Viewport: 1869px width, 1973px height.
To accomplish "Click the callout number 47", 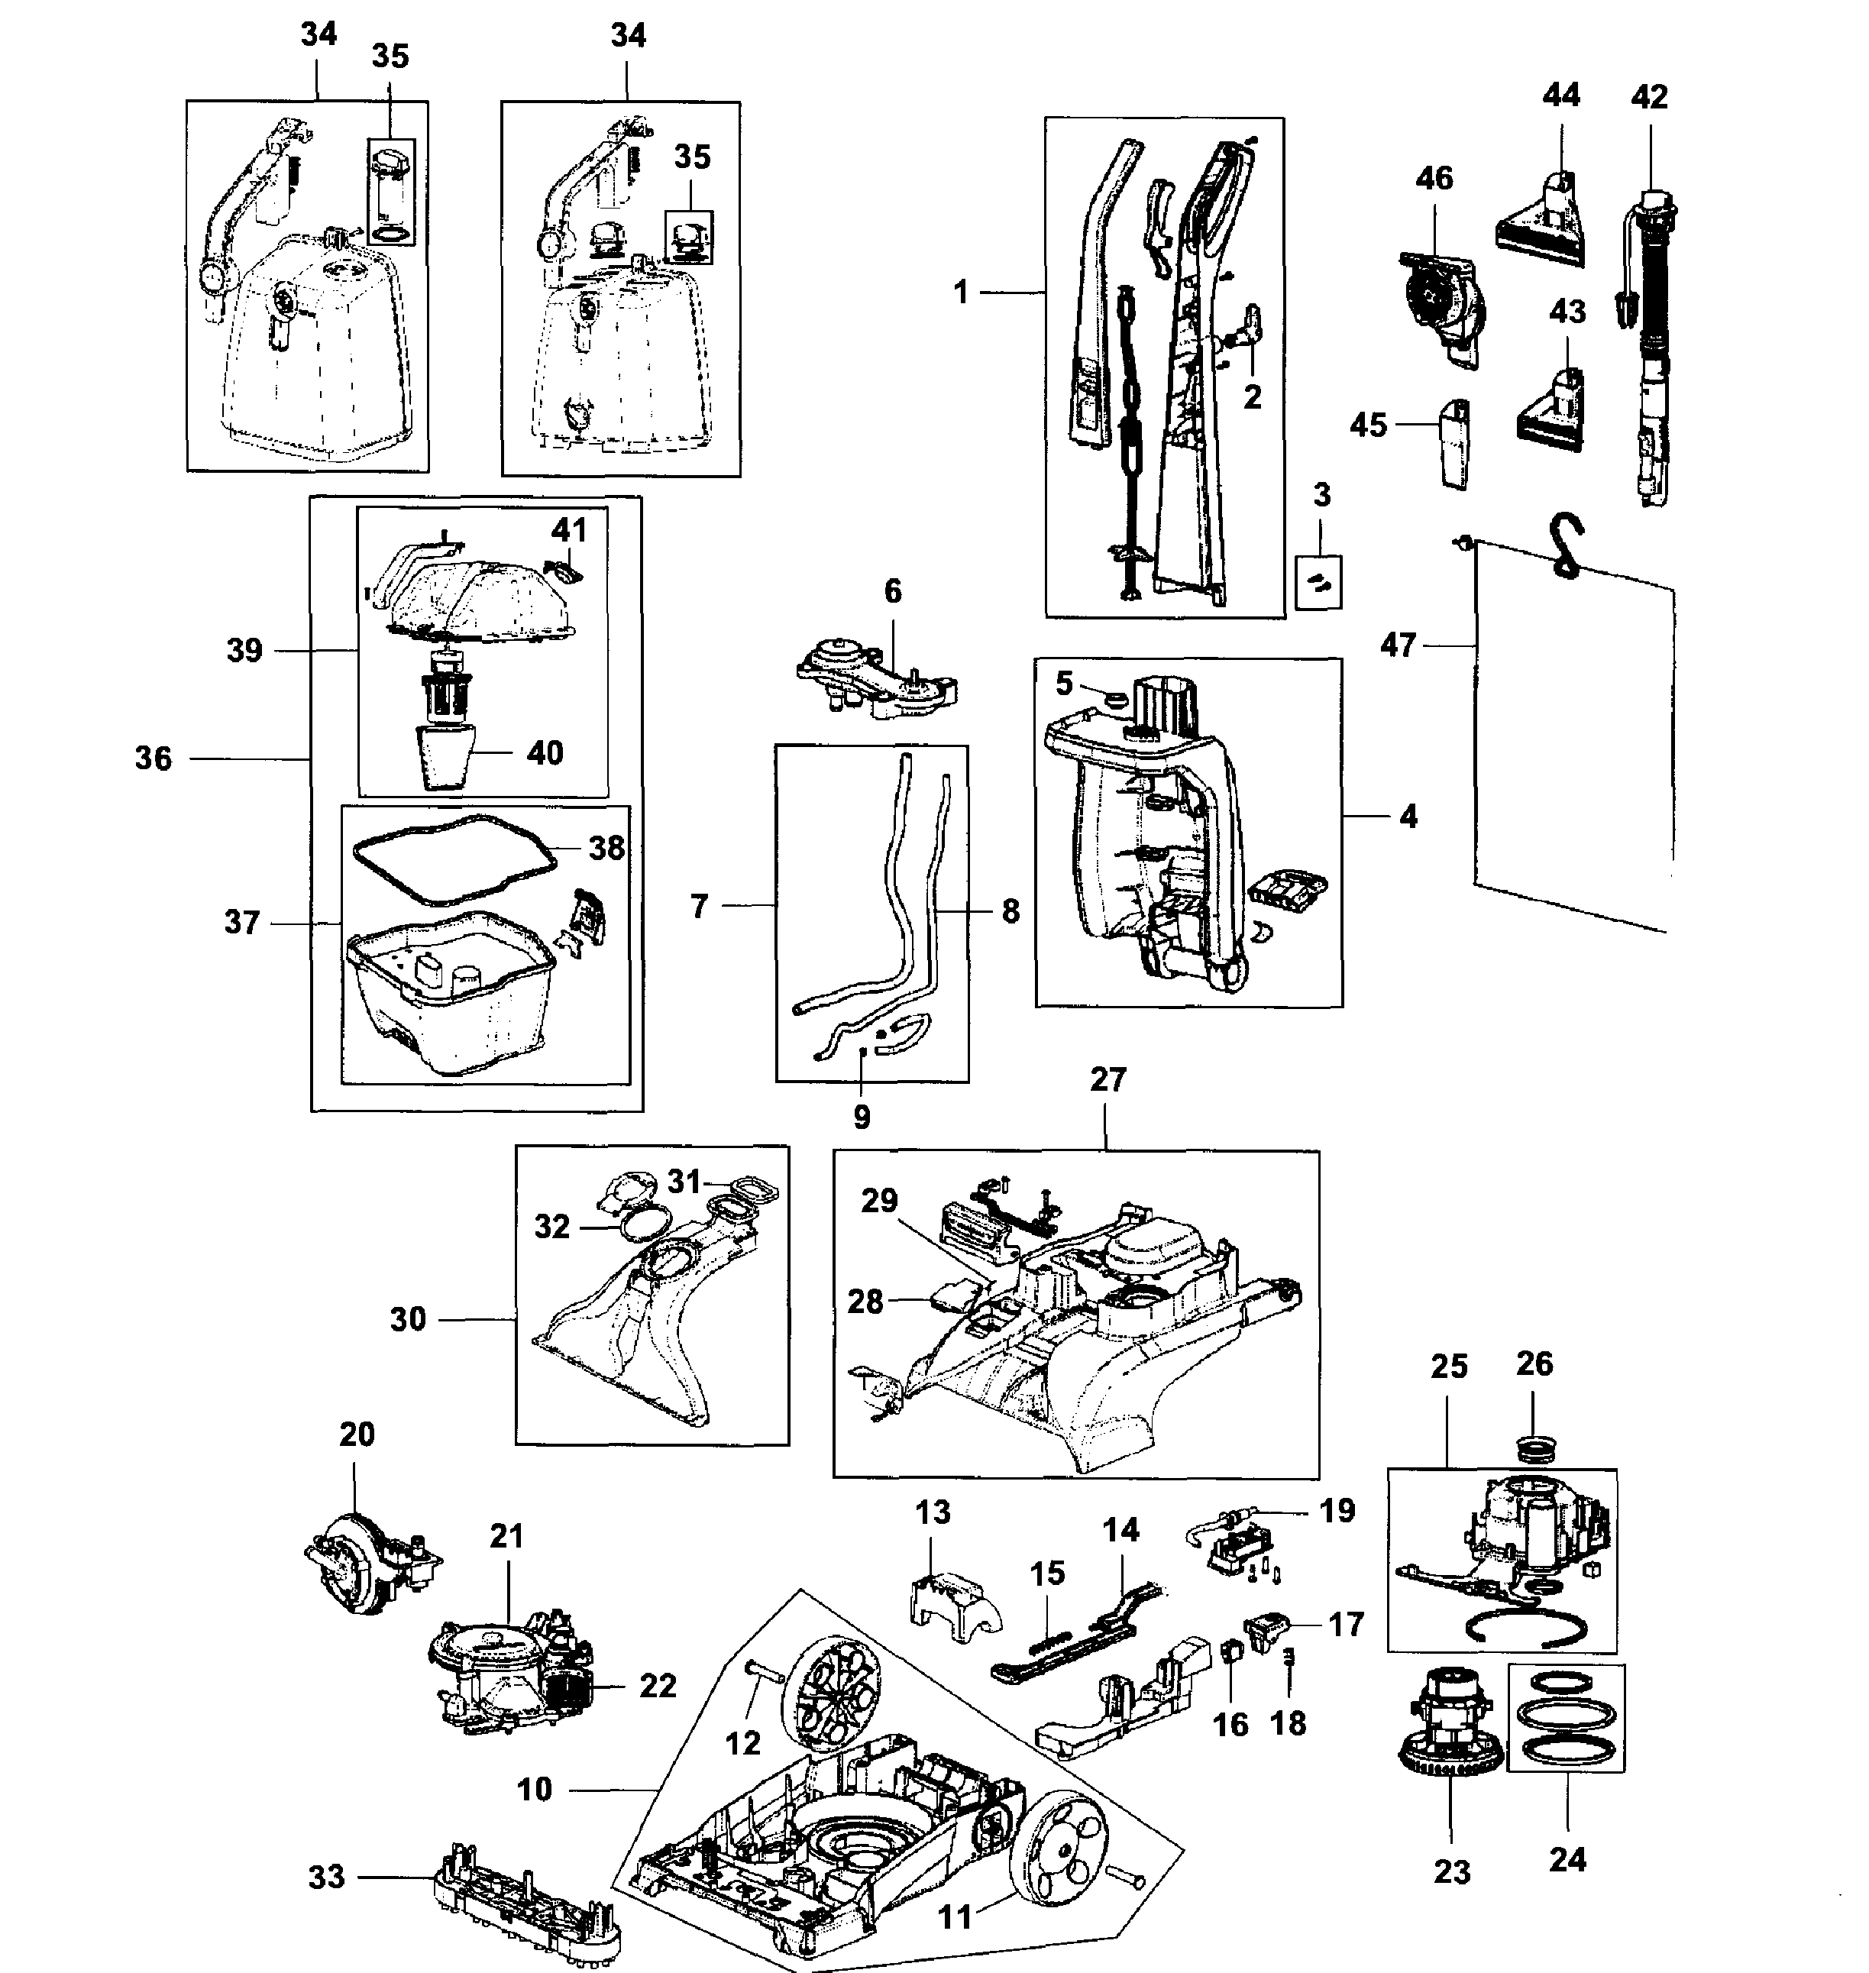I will pos(1398,645).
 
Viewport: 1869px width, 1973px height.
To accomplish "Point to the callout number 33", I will pos(327,1876).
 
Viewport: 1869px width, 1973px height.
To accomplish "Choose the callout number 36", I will pos(154,758).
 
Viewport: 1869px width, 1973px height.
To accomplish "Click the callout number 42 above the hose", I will pos(1650,97).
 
